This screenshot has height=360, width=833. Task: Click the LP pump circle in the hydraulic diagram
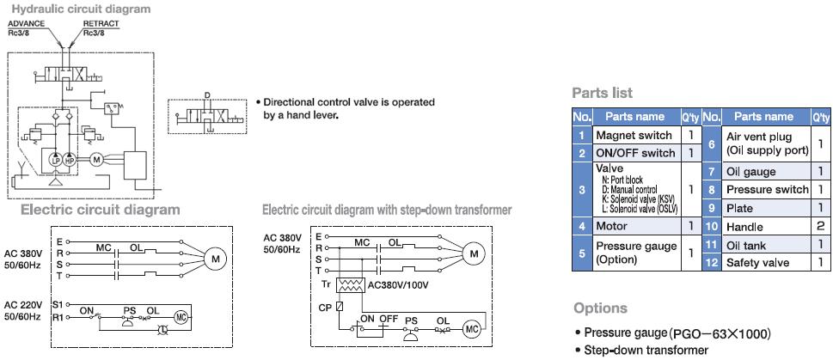[x=56, y=160]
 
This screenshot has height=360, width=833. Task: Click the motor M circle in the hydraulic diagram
[x=96, y=160]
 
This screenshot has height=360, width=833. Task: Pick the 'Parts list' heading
[x=603, y=93]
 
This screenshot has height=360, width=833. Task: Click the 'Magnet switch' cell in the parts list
[x=634, y=135]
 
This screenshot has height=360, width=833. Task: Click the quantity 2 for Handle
[x=822, y=227]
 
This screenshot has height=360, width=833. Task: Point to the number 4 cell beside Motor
[x=582, y=226]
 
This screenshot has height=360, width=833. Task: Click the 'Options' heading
[x=600, y=308]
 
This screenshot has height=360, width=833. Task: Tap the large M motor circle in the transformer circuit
[x=472, y=253]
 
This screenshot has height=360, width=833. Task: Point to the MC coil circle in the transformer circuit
[x=472, y=329]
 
